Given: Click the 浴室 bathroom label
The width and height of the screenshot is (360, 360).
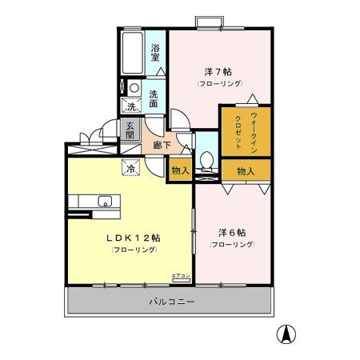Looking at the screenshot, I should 156,52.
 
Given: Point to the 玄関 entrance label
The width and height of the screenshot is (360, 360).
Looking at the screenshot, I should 130,130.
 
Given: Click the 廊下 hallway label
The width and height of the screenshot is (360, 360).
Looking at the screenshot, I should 160,146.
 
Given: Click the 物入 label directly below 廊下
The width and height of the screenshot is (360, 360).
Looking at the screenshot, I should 180,170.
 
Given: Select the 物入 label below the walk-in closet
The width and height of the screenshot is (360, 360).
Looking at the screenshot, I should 246,170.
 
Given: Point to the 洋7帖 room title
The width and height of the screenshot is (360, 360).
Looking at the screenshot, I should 215,71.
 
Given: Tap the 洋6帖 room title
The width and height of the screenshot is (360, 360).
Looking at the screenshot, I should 232,232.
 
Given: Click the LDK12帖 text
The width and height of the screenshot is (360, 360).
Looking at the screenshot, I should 134,238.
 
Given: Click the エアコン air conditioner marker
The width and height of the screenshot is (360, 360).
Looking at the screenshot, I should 181,276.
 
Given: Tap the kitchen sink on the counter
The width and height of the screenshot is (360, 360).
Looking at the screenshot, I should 104,200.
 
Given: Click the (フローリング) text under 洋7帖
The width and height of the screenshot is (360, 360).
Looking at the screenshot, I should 215,83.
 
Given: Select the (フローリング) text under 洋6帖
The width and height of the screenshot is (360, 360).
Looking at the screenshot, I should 232,244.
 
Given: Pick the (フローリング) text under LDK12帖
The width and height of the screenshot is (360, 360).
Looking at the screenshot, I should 134,250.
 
